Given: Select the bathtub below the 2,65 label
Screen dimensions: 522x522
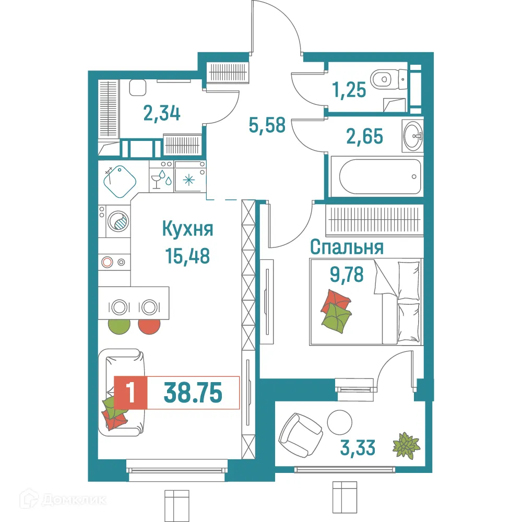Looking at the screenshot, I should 379,176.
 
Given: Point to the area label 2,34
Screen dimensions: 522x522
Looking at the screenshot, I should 162,112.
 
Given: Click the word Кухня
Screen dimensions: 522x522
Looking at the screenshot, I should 188,229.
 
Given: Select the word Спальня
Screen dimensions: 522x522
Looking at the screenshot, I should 347,247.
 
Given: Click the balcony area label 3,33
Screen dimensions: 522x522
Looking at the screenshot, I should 358,447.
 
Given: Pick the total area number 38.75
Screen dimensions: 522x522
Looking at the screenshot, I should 193,393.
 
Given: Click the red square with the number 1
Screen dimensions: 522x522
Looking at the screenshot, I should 131,393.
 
